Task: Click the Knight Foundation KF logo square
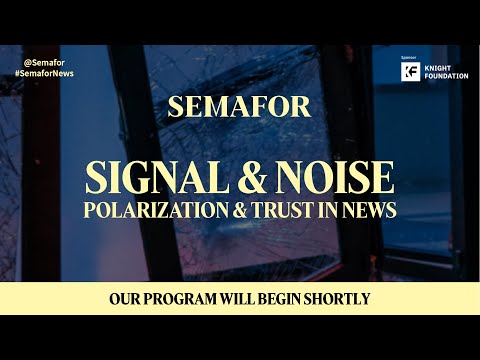pyautogui.click(x=407, y=71)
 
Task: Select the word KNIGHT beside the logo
pyautogui.click(x=436, y=67)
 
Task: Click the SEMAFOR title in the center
pyautogui.click(x=239, y=108)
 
